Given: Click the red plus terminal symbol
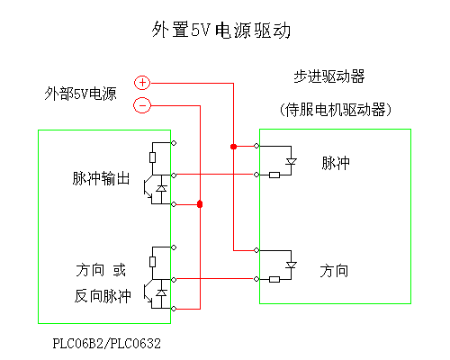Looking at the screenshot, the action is tap(142, 83).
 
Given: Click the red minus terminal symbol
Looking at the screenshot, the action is tap(142, 105).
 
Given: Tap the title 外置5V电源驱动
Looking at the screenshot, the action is tap(221, 30).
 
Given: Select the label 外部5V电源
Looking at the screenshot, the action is tap(80, 94).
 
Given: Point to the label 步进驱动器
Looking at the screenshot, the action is tap(329, 76).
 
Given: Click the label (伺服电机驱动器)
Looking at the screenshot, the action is tap(336, 110).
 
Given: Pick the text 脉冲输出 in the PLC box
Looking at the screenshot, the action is tap(101, 178).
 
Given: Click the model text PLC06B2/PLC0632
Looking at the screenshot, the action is tap(107, 344).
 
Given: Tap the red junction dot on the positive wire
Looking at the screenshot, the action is tap(233, 147).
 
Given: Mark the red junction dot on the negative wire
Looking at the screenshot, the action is tap(200, 204).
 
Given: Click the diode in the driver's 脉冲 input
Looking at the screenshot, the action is tap(291, 162).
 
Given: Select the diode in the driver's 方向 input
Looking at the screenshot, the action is tap(291, 265).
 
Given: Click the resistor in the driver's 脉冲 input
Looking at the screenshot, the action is tap(274, 175).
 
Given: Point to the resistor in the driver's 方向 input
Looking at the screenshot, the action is tap(274, 280).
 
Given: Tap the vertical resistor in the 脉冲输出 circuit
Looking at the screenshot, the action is tap(152, 157).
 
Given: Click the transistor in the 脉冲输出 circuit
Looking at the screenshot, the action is tap(148, 189).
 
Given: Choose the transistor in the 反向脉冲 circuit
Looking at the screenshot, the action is tap(148, 293).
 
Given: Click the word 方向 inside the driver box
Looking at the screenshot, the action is tap(334, 271).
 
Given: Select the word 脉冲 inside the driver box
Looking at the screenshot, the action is tap(336, 163).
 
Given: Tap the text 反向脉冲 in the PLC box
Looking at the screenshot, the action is tap(103, 296).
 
